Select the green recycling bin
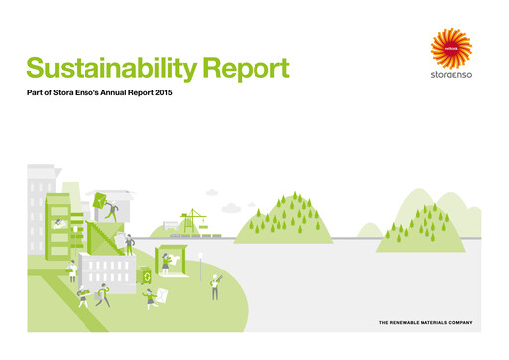coord(147,277)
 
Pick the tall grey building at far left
coord(40,209)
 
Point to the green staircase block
coord(103,239)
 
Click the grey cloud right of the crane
coord(231,207)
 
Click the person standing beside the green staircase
coord(130,244)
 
